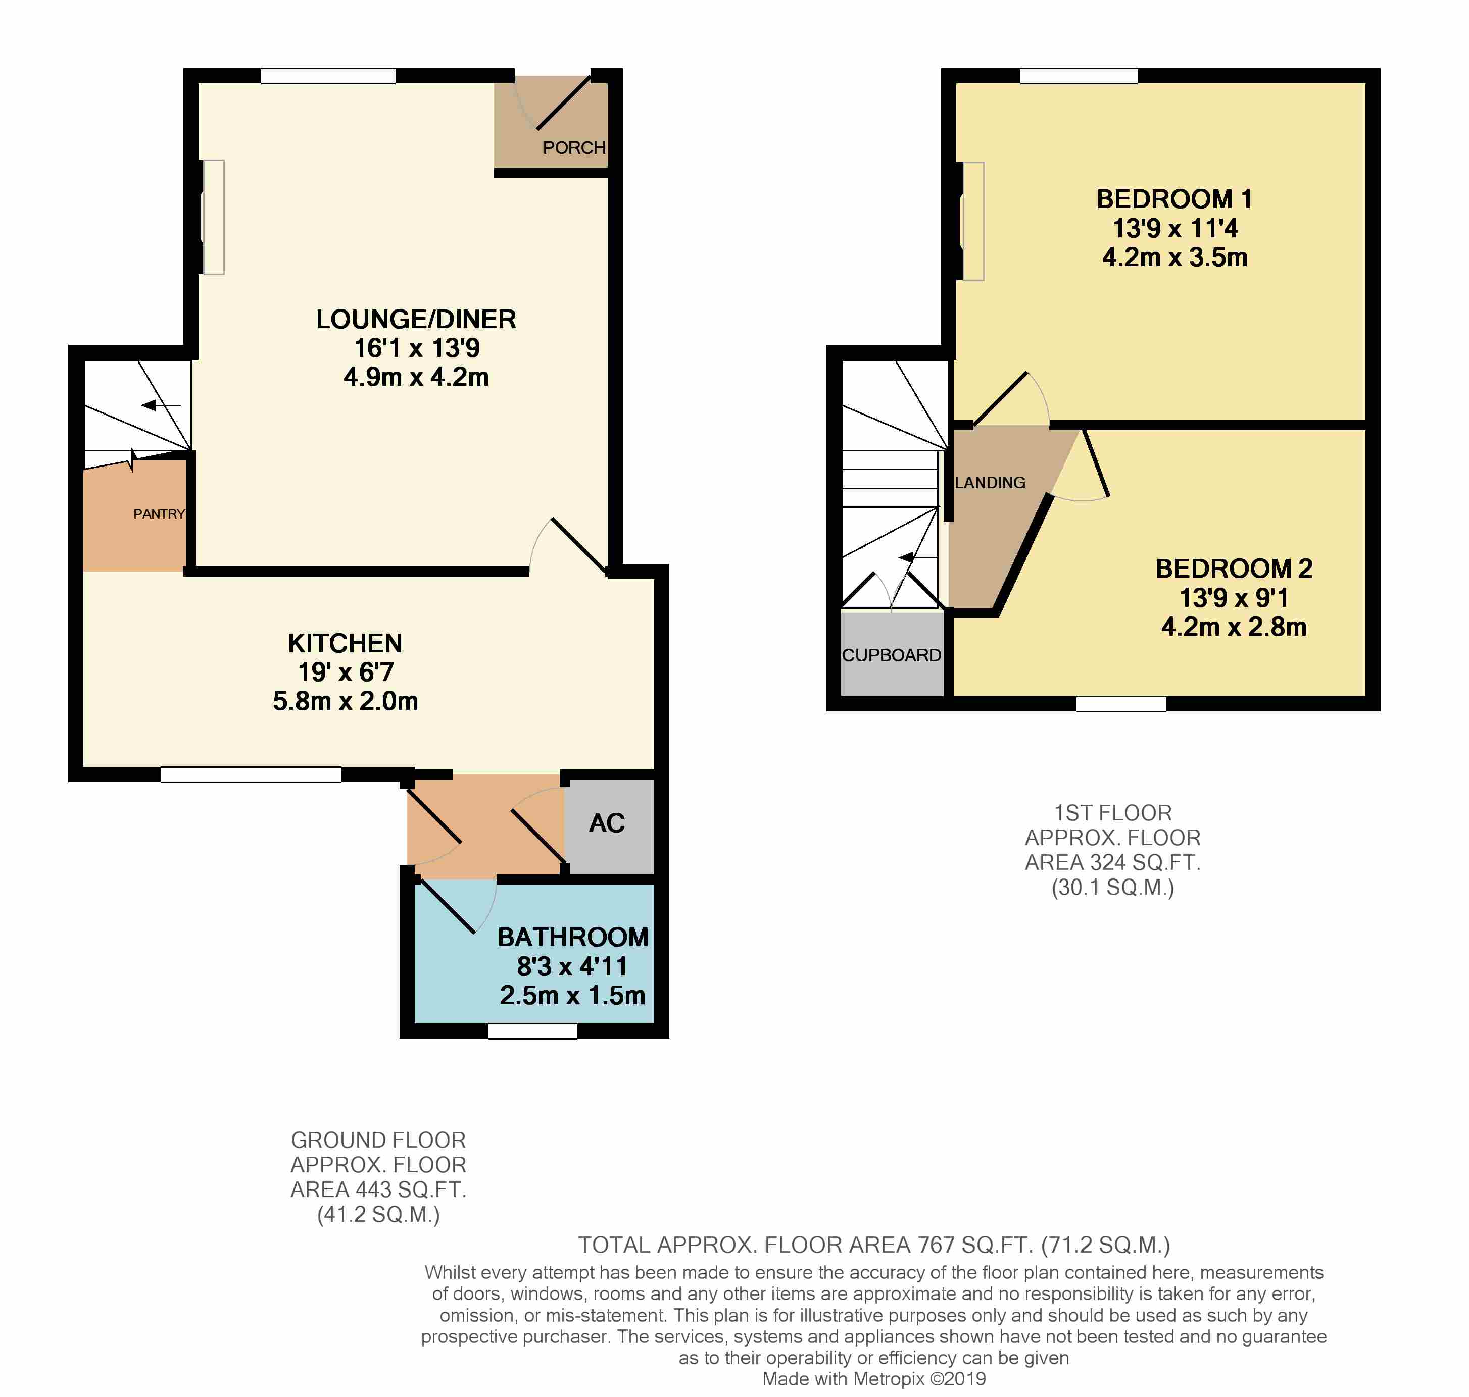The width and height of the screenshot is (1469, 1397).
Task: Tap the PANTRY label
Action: (x=159, y=514)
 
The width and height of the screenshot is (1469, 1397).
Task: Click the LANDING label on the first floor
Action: (x=990, y=483)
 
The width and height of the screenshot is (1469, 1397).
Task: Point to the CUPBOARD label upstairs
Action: (x=892, y=655)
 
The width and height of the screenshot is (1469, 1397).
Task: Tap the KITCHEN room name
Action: (x=345, y=643)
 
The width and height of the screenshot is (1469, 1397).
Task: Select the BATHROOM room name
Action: (x=573, y=937)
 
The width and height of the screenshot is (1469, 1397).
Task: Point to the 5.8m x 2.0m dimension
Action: (x=345, y=701)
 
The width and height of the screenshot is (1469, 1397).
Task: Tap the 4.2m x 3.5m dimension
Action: (x=1175, y=257)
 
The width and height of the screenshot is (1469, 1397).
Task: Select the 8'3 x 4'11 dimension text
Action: (x=572, y=966)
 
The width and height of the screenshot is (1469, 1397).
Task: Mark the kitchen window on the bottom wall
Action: (x=251, y=774)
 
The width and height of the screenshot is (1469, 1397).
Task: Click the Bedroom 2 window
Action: (x=1121, y=704)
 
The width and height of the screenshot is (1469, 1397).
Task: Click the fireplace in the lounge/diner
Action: (x=213, y=217)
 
